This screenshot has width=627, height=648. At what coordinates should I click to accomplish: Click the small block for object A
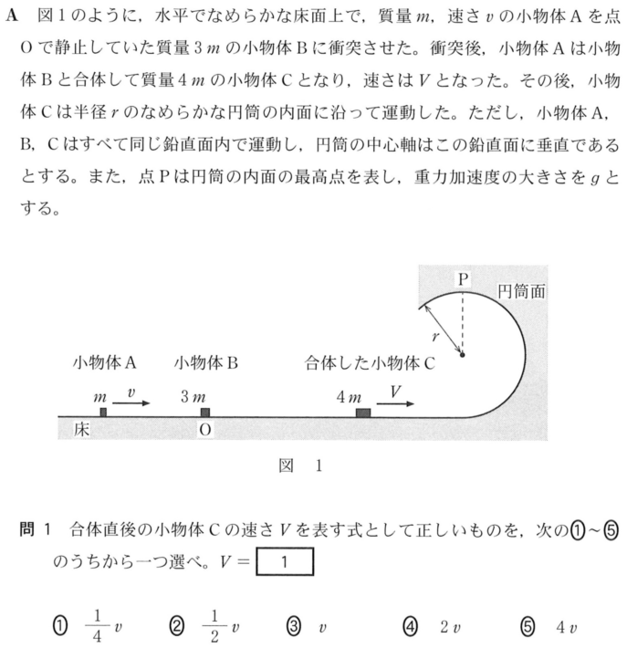tap(104, 413)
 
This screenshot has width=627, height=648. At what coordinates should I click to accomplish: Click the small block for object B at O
tap(205, 413)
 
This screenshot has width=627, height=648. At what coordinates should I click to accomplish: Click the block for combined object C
tap(363, 413)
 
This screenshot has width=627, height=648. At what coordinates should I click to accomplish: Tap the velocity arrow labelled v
tap(132, 398)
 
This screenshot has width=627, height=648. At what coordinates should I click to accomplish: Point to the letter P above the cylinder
tap(463, 278)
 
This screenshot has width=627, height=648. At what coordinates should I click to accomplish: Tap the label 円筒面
tap(522, 291)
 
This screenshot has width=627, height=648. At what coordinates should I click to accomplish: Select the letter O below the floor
tap(205, 431)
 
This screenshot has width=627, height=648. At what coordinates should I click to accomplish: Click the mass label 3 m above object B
tap(193, 397)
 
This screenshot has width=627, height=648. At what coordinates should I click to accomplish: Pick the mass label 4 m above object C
tap(350, 397)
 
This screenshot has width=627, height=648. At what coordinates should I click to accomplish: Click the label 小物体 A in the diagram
tap(105, 362)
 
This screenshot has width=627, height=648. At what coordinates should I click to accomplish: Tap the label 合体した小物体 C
tap(371, 362)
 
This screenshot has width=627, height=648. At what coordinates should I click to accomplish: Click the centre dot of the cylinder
tap(463, 354)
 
